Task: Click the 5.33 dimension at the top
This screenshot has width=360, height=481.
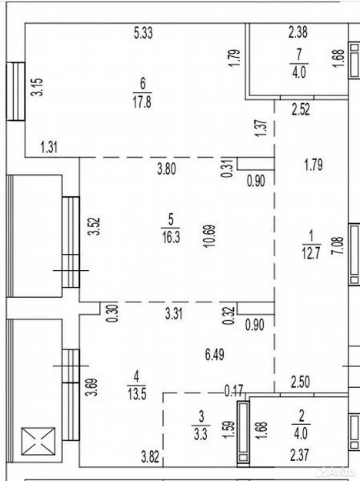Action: (143, 33)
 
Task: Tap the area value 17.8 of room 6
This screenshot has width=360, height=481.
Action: (142, 102)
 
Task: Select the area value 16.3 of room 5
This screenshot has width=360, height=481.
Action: (171, 238)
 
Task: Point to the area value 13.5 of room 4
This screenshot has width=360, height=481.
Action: (137, 394)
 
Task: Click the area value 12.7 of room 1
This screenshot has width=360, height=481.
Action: (312, 253)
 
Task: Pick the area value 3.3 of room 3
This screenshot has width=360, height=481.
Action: (201, 434)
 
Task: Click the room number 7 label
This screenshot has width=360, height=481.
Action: (299, 55)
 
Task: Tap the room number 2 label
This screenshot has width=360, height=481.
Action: (302, 416)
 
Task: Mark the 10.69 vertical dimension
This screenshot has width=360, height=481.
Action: (211, 236)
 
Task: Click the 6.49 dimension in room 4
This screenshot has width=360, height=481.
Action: (215, 355)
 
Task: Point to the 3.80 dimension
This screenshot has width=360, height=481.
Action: (166, 169)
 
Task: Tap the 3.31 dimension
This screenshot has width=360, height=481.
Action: (174, 314)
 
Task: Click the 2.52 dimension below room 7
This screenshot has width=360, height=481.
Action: (301, 109)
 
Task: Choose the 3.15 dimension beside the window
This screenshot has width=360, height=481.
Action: (38, 88)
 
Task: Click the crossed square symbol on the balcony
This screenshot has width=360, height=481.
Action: (38, 442)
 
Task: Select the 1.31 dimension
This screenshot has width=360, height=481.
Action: (49, 147)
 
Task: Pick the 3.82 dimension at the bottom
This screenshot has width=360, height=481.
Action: (150, 457)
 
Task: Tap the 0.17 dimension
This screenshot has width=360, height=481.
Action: (234, 390)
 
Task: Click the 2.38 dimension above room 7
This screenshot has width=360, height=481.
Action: (298, 32)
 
